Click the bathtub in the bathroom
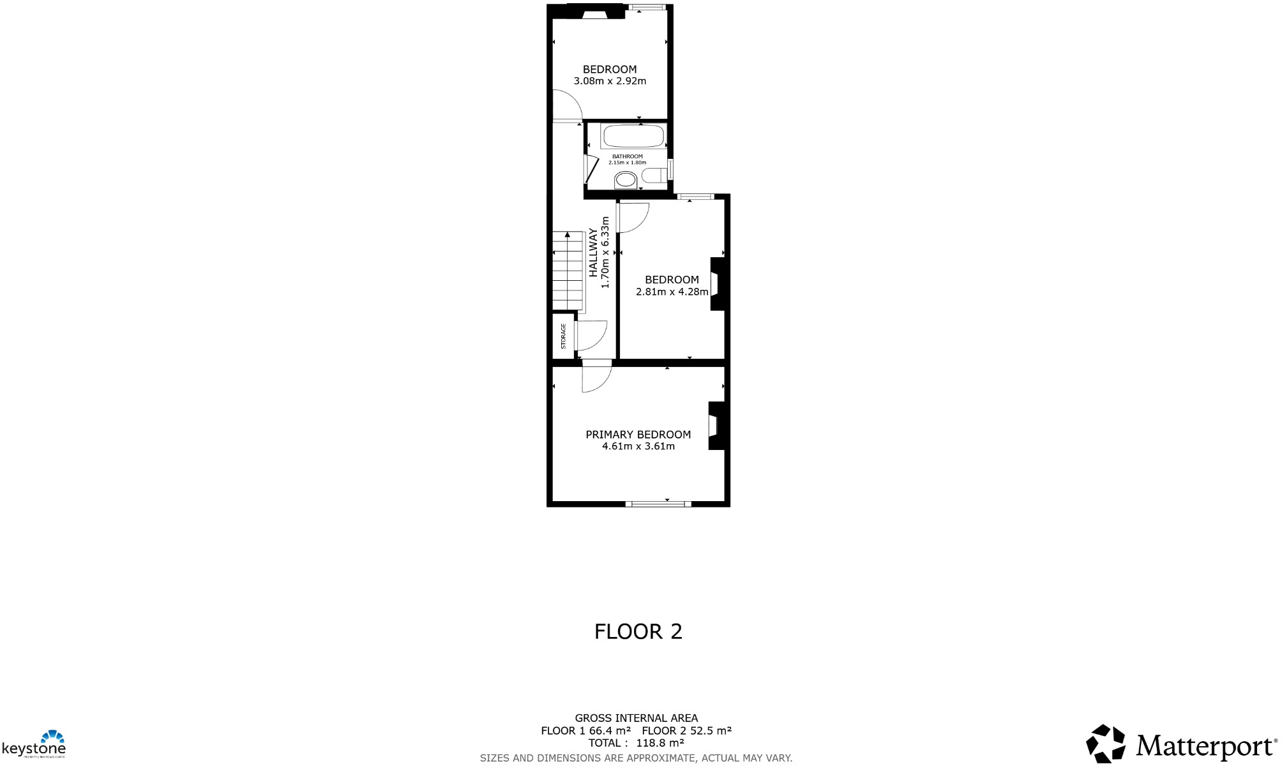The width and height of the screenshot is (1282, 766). coord(633,136)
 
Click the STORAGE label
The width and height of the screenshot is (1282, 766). coord(563,336)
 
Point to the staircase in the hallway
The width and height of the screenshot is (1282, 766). coord(568,271)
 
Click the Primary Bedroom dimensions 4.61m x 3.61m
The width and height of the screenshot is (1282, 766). coord(638,447)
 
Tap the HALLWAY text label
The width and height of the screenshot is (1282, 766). coord(593,252)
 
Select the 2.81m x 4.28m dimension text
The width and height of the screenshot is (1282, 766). coord(672,292)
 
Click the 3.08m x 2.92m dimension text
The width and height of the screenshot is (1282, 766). coord(610,81)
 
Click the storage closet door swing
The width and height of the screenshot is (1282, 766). coord(590,336)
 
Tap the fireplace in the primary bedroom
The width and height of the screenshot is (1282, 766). coord(716,425)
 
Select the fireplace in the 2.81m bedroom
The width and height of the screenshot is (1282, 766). coord(718,283)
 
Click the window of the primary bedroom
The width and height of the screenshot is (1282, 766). coord(658,504)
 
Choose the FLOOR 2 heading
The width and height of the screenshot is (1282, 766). coord(638,631)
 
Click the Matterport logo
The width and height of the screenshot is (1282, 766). coord(1182,744)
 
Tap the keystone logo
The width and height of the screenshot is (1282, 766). coord(34,744)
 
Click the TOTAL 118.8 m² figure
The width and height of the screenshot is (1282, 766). coord(636,743)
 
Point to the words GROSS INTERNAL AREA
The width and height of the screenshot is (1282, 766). coord(636,718)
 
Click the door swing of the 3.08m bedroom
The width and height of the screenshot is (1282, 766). coord(566,105)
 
